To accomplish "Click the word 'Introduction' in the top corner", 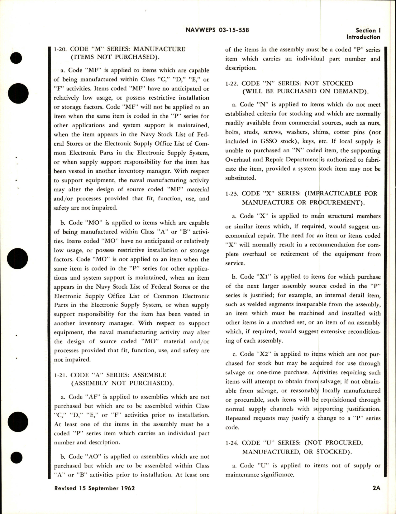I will point(363,37).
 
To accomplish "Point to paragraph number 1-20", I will point(60,49).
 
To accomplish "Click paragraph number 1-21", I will point(60,375).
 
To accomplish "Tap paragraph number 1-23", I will point(232,193).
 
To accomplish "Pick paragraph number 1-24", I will point(232,443).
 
